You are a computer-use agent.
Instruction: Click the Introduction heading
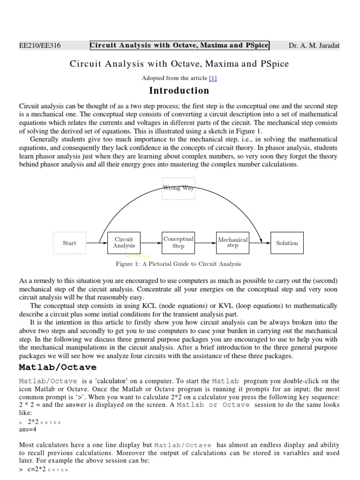pos(179,90)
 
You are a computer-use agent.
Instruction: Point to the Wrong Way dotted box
pos(178,188)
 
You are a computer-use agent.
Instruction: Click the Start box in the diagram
pos(69,243)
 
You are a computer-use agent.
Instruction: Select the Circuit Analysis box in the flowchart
pos(124,242)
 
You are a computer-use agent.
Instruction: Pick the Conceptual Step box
pos(178,242)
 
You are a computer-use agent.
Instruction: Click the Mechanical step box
pos(232,242)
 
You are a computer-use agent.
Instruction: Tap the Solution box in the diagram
pos(287,243)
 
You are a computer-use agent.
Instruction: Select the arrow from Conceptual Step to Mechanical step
pos(205,243)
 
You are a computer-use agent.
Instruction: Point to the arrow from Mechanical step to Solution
pos(260,243)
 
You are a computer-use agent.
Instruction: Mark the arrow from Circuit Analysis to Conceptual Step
pos(151,243)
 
